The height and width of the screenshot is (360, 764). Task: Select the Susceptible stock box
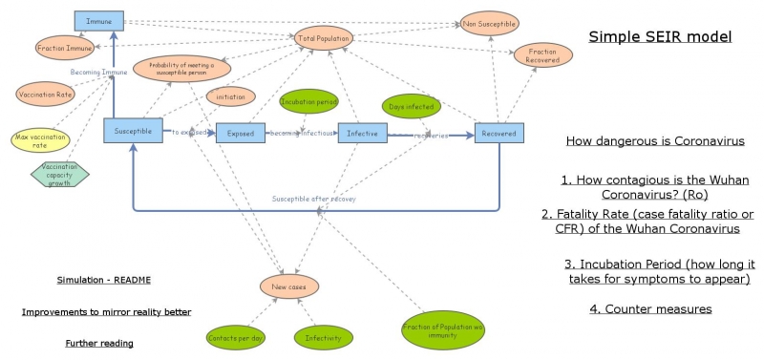coord(133,131)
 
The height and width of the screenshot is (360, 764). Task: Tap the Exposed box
coord(241,134)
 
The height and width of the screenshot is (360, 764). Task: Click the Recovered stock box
coord(499,134)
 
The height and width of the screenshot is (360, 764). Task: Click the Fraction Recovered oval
coord(543,54)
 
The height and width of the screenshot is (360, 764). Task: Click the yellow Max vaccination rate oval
coord(41,139)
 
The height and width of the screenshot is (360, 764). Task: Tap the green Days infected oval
coord(409,107)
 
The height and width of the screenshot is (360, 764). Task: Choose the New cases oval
coord(289,286)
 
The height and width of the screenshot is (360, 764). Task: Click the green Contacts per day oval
coord(235,337)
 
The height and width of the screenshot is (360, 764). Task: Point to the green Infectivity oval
coord(324,337)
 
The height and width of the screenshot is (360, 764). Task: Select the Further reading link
coord(99,343)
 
